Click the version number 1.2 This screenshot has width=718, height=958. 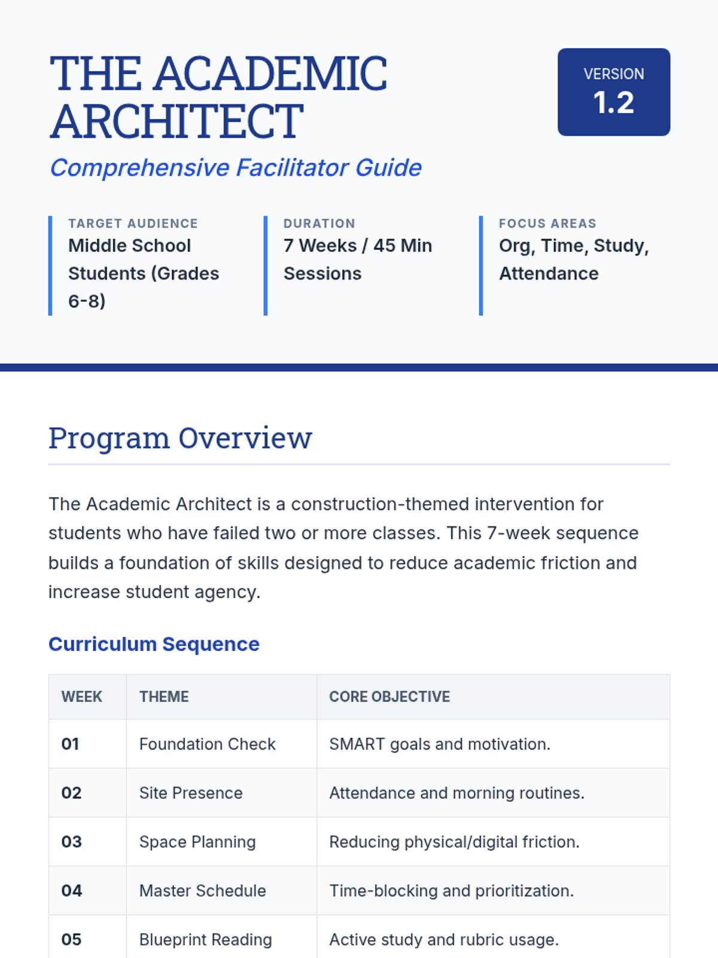tap(613, 103)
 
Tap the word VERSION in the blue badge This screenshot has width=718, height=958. tap(613, 74)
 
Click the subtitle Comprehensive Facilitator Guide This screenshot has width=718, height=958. tap(236, 168)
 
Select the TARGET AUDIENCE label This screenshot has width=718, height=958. tap(133, 223)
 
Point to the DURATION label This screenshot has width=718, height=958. tap(319, 223)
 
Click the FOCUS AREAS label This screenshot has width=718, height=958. tap(547, 223)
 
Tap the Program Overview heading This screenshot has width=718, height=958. tap(180, 438)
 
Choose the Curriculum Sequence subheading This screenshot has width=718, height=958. tap(154, 644)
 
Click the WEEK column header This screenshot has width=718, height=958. tap(81, 696)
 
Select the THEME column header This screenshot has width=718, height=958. tap(164, 696)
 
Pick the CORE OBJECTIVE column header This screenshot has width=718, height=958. tap(390, 696)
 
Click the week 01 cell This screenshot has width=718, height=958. tap(70, 744)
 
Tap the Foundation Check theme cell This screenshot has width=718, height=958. tap(207, 744)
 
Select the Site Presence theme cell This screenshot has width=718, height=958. tap(191, 793)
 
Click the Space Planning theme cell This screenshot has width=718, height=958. tap(197, 842)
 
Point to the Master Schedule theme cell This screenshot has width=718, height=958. tap(202, 890)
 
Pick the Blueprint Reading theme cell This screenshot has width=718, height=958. tap(205, 939)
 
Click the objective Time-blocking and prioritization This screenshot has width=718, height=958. tap(451, 890)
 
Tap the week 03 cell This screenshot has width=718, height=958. tap(71, 842)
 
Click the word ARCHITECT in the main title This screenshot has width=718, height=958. tap(177, 121)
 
